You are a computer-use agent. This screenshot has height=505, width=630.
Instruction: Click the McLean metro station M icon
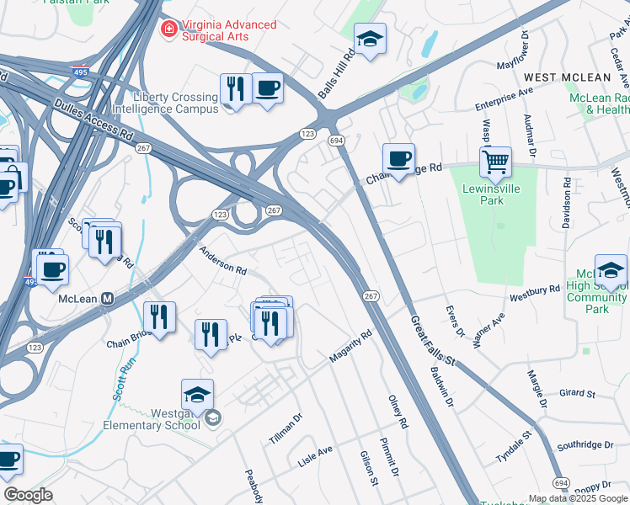click(x=108, y=298)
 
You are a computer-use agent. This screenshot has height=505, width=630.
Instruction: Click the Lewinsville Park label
click(x=494, y=194)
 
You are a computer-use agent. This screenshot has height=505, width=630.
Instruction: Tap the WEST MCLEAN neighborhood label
click(x=573, y=77)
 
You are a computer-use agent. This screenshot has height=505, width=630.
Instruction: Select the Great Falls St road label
click(x=433, y=341)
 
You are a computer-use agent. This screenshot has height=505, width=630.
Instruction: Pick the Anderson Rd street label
click(x=223, y=260)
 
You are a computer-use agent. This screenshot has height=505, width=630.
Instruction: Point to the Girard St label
click(x=577, y=393)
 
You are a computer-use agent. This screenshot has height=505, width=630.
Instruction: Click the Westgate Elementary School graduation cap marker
click(x=197, y=394)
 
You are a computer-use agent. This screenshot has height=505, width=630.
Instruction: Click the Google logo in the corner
click(x=28, y=495)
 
